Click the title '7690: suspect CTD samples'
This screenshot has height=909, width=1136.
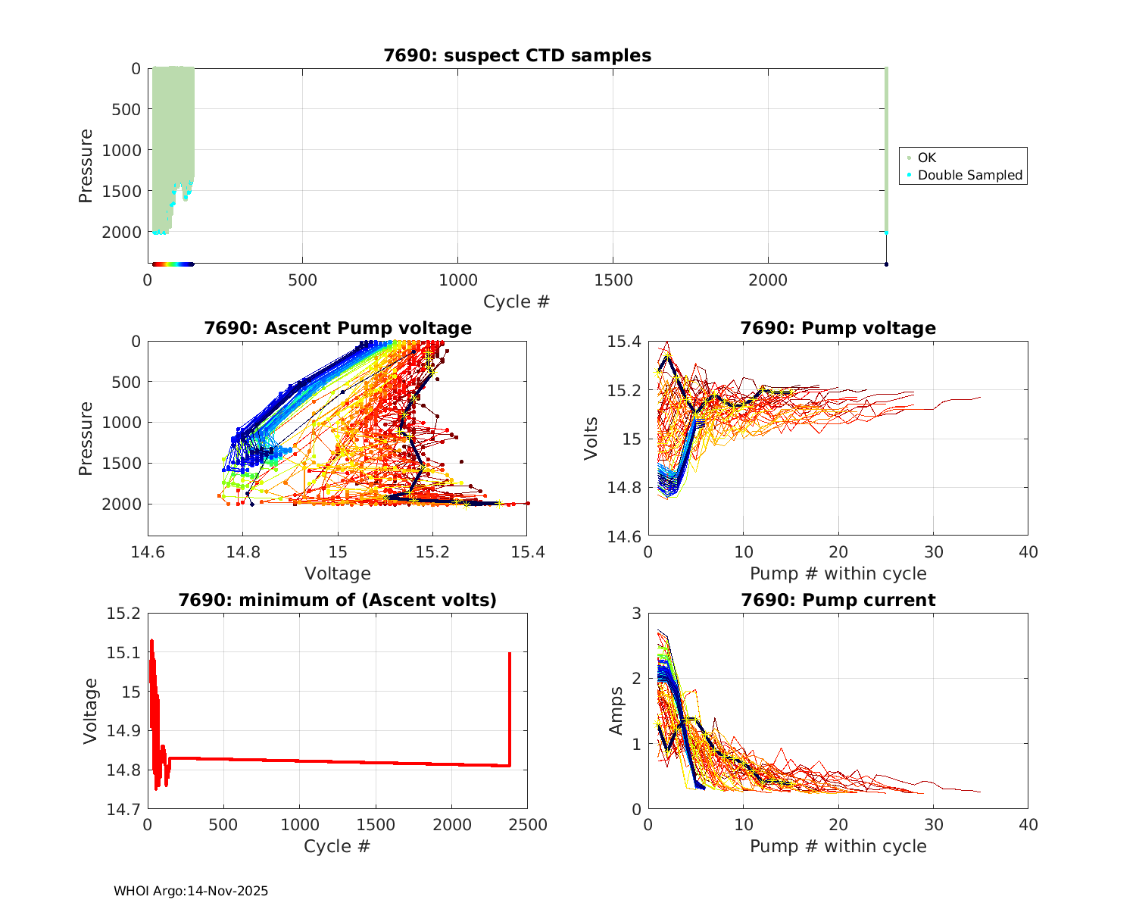coord(517,55)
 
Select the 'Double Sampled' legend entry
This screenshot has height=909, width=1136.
coord(970,175)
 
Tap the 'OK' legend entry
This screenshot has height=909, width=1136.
coord(927,158)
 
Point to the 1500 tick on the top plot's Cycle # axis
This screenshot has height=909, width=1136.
coord(613,280)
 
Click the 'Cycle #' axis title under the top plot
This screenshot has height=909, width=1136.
coord(517,301)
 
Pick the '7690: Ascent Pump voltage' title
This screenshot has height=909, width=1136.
coord(338,328)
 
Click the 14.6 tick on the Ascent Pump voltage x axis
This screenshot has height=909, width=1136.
coord(148,551)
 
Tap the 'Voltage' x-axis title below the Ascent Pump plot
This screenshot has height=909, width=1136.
coord(338,573)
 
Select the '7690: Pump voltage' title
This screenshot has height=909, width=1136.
coord(838,328)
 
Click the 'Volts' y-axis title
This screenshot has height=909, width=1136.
coord(591,439)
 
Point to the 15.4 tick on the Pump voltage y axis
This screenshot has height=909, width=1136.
coord(625,342)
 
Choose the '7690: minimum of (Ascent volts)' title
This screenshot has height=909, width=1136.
coord(338,600)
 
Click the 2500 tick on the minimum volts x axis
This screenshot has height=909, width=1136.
coord(527,825)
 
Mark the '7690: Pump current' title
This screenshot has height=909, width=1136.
coord(838,600)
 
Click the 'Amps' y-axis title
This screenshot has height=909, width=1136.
coord(616,711)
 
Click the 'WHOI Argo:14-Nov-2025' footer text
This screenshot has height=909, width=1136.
coord(191,892)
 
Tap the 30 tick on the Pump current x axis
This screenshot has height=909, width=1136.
coord(933,825)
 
